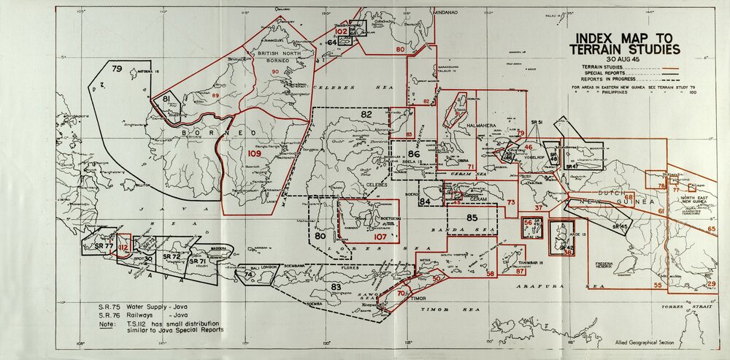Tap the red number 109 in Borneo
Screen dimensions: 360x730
tap(254, 154)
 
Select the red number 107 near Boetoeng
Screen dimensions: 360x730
tap(379, 237)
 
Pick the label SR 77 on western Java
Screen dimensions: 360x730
tap(103, 246)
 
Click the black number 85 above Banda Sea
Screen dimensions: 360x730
tap(472, 218)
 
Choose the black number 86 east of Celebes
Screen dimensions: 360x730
tap(414, 155)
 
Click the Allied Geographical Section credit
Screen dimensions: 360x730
tap(660, 342)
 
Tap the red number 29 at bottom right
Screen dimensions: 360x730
tap(712, 283)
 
